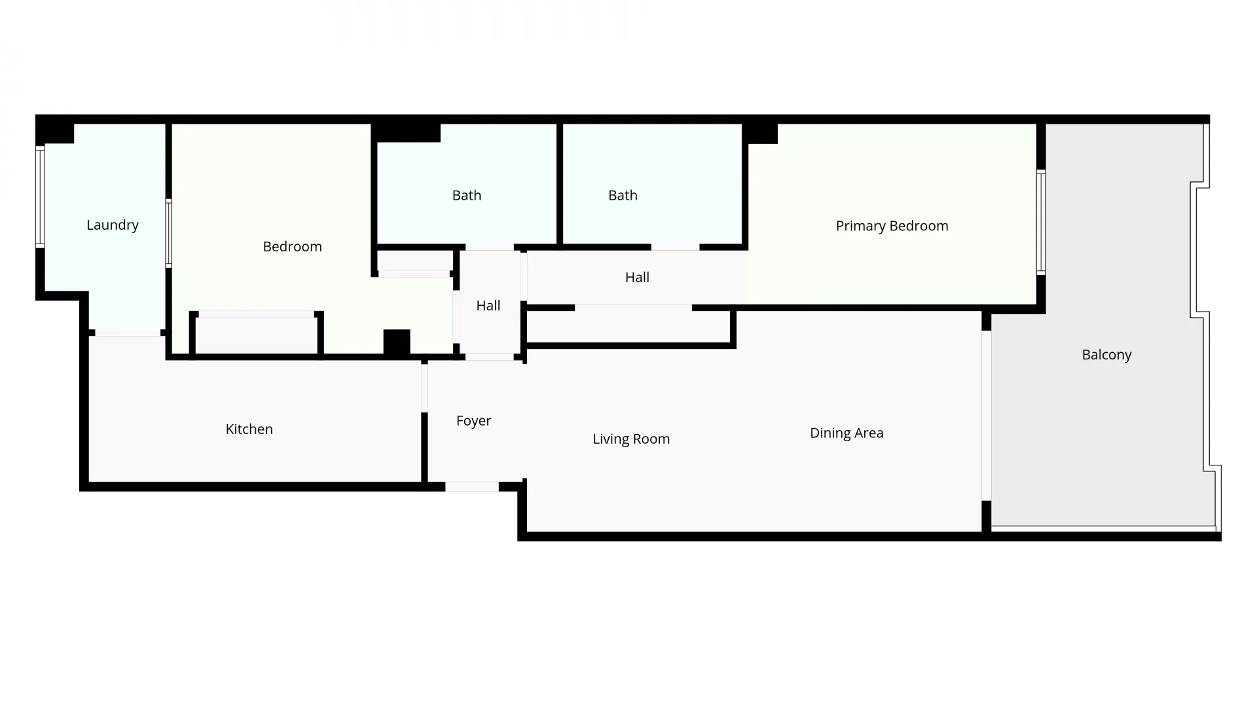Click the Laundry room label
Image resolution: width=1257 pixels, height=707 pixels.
click(x=113, y=225)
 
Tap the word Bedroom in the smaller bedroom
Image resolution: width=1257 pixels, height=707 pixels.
click(x=292, y=247)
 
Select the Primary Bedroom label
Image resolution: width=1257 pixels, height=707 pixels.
click(x=892, y=226)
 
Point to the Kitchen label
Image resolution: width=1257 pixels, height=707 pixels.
click(x=249, y=429)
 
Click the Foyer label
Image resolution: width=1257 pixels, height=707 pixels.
click(x=473, y=421)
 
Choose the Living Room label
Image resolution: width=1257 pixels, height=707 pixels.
click(x=631, y=439)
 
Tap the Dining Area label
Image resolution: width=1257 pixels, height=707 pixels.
click(x=847, y=433)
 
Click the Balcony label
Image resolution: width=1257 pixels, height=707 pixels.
click(x=1106, y=355)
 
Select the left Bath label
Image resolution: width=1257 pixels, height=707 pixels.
click(x=467, y=195)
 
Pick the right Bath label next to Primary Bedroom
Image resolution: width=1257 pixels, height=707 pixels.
click(x=623, y=195)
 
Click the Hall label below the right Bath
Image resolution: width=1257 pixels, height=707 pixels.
click(x=637, y=278)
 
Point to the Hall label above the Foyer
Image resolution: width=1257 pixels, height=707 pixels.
click(x=488, y=306)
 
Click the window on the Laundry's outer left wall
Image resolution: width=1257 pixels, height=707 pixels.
click(x=40, y=197)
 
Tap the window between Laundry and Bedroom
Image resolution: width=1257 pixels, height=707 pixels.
click(x=168, y=233)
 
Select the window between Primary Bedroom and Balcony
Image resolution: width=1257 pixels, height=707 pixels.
click(x=1041, y=223)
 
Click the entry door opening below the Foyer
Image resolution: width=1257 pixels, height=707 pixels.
click(x=472, y=487)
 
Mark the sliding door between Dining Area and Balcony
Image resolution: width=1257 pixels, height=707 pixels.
click(x=986, y=416)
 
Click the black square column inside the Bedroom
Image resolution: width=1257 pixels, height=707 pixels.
click(x=397, y=342)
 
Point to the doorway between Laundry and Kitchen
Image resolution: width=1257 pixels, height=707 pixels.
click(x=128, y=333)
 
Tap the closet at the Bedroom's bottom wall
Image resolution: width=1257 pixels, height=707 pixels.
click(x=257, y=334)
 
